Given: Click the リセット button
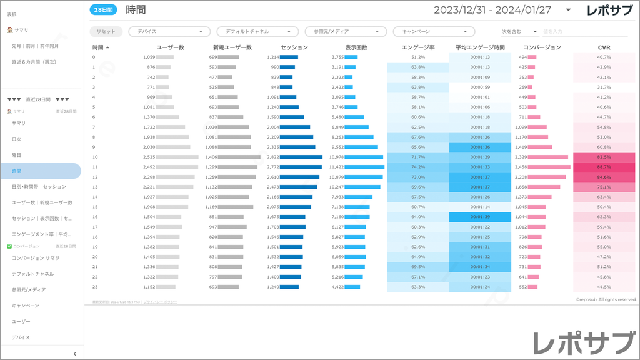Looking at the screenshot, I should [106, 31].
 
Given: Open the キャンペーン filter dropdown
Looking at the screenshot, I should [434, 31].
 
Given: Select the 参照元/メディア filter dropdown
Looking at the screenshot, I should [346, 31].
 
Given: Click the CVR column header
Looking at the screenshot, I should [604, 47].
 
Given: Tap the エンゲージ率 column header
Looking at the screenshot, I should [418, 47].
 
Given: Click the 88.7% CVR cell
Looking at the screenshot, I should [604, 167].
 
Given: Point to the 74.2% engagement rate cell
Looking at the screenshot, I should [418, 167].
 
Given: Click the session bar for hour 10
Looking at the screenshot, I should [301, 157].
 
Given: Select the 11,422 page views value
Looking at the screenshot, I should [337, 167].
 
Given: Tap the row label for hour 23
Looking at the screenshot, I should [94, 287].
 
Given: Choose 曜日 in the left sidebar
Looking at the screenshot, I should [17, 154].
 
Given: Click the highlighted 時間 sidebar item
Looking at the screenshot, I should [17, 171].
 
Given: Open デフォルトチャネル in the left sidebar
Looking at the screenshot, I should [32, 274].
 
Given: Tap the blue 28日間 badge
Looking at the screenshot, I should [103, 10].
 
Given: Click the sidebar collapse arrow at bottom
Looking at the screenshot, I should [74, 354].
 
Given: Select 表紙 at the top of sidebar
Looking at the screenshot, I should [12, 13].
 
